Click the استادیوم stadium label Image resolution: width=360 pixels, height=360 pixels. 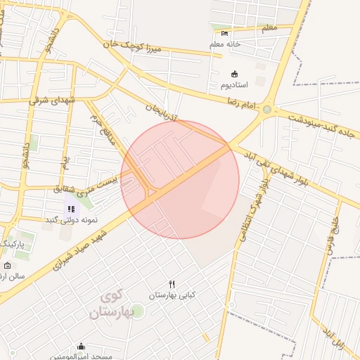point(233,85)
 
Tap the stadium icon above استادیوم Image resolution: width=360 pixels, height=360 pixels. point(234,74)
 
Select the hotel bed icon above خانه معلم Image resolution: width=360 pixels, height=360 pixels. point(224,33)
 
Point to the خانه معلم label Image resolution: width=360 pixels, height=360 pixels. point(226,44)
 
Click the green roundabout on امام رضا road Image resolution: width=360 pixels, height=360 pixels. point(266,109)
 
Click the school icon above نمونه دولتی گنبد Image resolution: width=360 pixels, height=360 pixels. point(71,208)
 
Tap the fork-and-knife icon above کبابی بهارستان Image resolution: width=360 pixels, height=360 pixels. point(171,284)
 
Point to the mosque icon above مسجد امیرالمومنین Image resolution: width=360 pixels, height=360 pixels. point(81,347)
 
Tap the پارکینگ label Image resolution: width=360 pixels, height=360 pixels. point(13,243)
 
